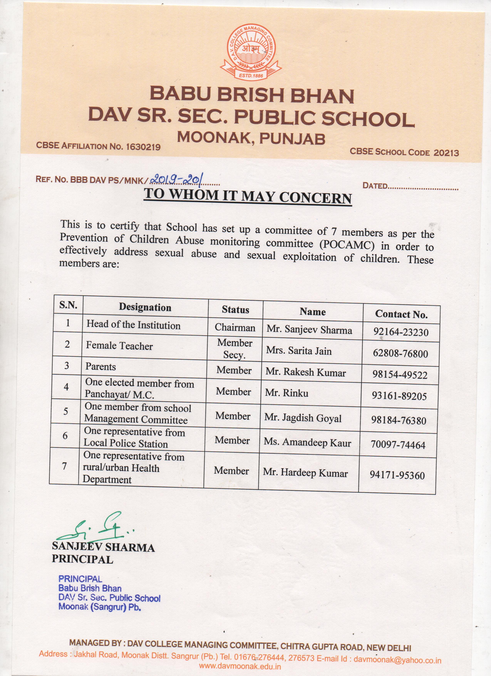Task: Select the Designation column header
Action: coord(145,307)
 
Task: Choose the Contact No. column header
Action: coord(401,314)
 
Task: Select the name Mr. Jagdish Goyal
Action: coord(303,418)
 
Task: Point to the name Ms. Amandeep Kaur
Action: coord(307,443)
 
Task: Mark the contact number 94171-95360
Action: coord(397,475)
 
